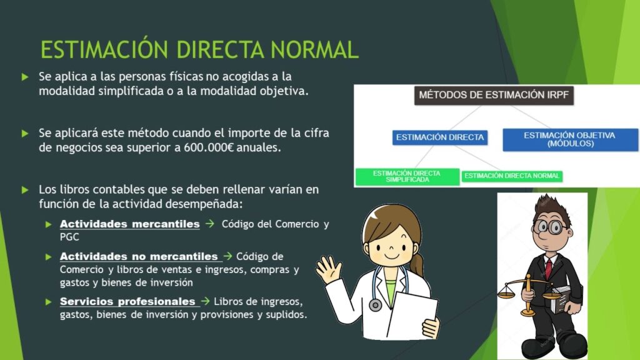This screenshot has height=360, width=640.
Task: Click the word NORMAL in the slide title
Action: (314, 50)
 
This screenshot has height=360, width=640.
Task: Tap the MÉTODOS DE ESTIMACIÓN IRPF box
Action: (494, 96)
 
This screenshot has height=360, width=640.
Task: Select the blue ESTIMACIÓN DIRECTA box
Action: (440, 137)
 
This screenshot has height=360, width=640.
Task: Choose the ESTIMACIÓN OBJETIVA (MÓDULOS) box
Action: (570, 139)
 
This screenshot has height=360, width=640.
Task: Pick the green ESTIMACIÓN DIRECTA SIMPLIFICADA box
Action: (407, 177)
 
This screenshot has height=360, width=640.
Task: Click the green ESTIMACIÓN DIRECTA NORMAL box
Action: (512, 176)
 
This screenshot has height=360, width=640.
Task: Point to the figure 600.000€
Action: (208, 147)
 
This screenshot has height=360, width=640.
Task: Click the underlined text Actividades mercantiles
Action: (130, 224)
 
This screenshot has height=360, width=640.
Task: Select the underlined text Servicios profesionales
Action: (127, 302)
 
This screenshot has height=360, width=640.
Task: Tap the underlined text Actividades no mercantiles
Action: (139, 257)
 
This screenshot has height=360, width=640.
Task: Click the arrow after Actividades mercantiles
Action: (210, 224)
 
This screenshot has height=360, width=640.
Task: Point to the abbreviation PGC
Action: (69, 237)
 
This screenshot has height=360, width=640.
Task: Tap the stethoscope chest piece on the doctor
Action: (375, 304)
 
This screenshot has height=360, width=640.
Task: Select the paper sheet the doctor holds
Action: (411, 314)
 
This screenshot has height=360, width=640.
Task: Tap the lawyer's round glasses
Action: (551, 226)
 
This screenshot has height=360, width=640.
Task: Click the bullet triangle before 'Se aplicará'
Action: (25, 134)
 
